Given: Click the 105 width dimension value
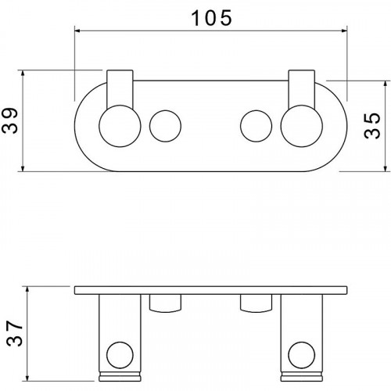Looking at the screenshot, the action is click(x=211, y=18).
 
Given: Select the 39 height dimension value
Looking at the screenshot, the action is click(x=10, y=120).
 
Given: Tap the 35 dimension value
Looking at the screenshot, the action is click(x=372, y=126).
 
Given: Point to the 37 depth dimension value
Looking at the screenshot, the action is click(x=15, y=333).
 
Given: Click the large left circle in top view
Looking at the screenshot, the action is click(x=120, y=126).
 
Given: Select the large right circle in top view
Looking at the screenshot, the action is click(x=302, y=126).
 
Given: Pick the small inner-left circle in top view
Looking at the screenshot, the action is click(x=165, y=126).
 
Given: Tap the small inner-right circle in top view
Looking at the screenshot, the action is click(x=256, y=126).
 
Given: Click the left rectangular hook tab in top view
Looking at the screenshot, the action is click(x=120, y=88).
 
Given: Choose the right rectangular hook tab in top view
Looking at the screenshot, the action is click(x=302, y=88).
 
